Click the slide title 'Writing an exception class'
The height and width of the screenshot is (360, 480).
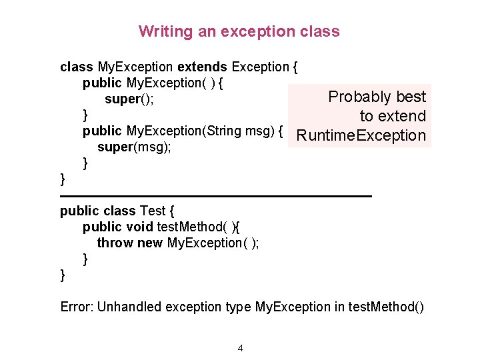[x=239, y=31]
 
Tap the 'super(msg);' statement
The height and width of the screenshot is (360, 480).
[x=134, y=147]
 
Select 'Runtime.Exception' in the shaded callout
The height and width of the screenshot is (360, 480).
[x=361, y=136]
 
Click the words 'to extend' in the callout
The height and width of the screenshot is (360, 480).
[x=393, y=116]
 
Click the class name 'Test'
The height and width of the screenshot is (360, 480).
[x=153, y=211]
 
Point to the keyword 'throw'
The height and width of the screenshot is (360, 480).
[x=115, y=243]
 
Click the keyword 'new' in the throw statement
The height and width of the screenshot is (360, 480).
[x=149, y=243]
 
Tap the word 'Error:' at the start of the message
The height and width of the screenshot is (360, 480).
[x=77, y=307]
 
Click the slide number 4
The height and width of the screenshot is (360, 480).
[x=240, y=348]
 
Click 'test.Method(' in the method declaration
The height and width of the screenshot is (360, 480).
[x=193, y=227]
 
